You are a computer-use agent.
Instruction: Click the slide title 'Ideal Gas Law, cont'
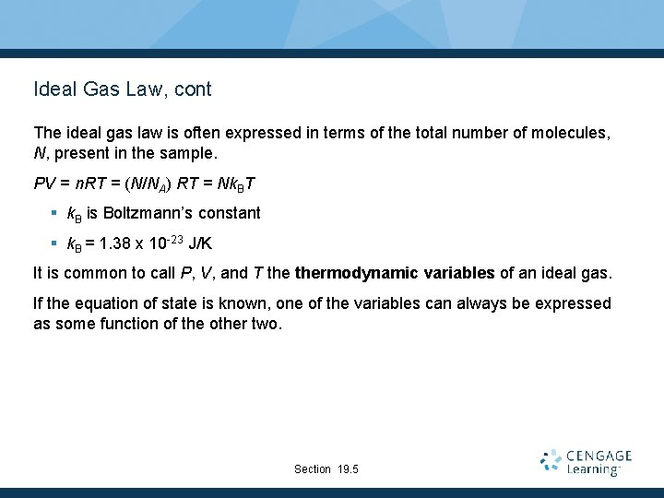[x=122, y=89]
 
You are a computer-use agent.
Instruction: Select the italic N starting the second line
[x=39, y=152]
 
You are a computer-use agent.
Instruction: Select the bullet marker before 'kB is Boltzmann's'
[x=54, y=213]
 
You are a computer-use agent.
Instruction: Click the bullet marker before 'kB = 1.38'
[x=54, y=244]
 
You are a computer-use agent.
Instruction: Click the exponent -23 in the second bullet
[x=172, y=240]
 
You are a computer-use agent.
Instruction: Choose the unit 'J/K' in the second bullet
[x=201, y=244]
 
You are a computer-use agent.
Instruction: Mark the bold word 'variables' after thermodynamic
[x=452, y=274]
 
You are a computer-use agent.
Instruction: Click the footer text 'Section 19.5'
[x=326, y=469]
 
